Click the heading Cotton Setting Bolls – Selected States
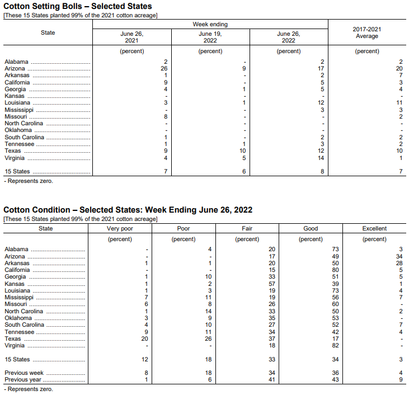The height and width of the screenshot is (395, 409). coord(78,6)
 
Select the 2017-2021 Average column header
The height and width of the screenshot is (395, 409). coord(367,32)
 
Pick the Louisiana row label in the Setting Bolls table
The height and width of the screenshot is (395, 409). coord(17,103)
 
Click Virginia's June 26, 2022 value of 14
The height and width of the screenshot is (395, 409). coord(321,158)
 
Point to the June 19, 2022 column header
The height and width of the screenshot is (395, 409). coord(210,37)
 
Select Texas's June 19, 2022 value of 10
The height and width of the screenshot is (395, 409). coord(242,151)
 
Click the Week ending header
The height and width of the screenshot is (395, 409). coord(210,25)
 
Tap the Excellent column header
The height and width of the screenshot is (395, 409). coord(374,228)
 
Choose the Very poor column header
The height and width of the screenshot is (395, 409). coord(120,228)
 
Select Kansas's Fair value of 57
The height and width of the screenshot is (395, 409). coord(272,284)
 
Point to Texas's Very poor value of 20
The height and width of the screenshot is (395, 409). coord(144,338)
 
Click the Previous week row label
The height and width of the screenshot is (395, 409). coord(24,373)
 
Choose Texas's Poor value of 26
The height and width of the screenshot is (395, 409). coord(208,338)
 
